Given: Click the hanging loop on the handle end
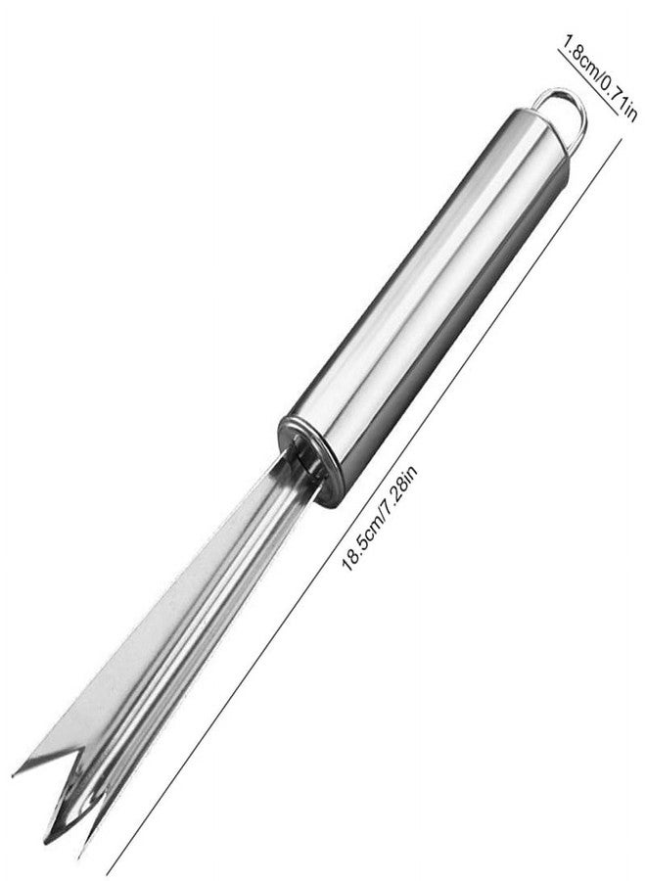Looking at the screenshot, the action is tap(578, 111).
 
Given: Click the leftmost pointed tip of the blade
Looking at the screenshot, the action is tap(14, 775).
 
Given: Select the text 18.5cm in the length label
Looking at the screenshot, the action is tap(362, 538).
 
